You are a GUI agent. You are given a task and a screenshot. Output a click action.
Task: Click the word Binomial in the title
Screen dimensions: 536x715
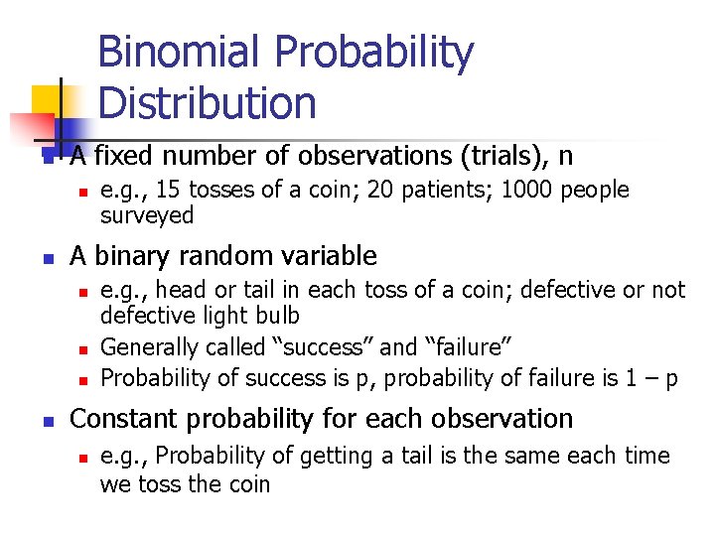click(x=178, y=53)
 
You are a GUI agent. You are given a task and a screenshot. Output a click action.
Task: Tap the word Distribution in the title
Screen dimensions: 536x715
click(x=208, y=102)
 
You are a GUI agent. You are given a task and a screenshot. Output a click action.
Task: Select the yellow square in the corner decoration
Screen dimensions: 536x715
click(x=48, y=100)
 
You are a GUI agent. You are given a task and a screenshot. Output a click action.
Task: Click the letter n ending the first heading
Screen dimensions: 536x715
click(x=565, y=156)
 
